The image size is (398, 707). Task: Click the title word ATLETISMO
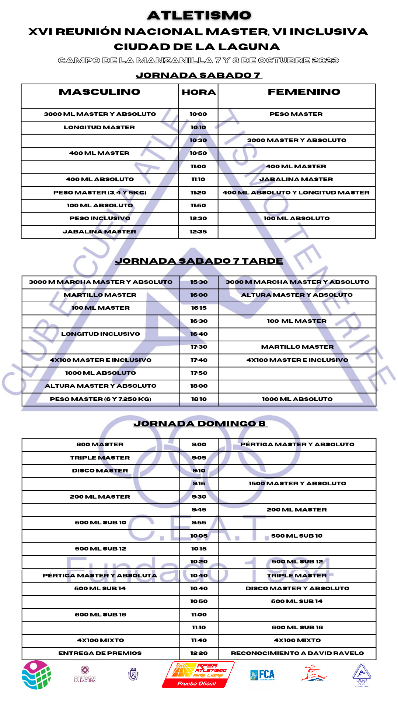[199, 15]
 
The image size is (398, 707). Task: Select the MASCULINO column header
[99, 92]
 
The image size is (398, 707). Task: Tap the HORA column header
[199, 92]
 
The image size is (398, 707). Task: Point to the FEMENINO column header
[304, 92]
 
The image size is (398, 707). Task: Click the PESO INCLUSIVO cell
[100, 218]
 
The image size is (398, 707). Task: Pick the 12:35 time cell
[198, 232]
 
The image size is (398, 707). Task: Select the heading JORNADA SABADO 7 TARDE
[199, 261]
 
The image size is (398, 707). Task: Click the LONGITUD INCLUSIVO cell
[101, 334]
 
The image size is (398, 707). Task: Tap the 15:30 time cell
[199, 282]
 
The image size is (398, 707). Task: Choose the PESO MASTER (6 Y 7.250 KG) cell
[101, 399]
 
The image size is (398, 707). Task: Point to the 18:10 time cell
[199, 399]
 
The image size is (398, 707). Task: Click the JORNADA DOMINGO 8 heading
[200, 424]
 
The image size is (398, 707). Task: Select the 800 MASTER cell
[100, 444]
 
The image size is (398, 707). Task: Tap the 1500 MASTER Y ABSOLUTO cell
[297, 483]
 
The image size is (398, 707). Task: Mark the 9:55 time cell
[199, 523]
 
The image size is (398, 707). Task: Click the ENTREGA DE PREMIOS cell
[100, 653]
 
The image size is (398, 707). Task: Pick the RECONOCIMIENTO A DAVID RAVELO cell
[297, 653]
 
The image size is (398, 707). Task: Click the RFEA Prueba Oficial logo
[198, 675]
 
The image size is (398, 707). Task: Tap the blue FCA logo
[262, 675]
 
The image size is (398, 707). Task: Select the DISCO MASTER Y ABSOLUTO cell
[297, 588]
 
